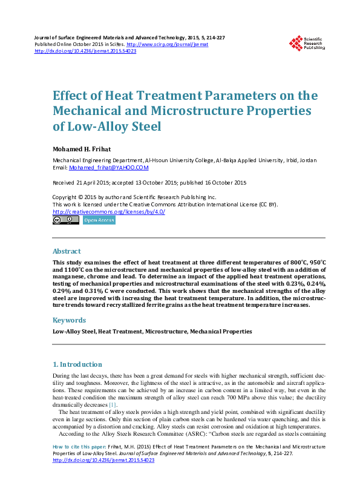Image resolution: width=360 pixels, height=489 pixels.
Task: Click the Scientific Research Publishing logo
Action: (x=309, y=43)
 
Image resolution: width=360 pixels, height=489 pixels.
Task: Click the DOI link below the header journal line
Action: (x=85, y=51)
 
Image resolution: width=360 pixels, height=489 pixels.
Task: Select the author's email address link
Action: (x=109, y=168)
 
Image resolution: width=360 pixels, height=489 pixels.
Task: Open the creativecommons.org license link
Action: (x=109, y=212)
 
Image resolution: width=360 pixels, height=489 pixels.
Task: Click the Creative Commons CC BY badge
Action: (x=65, y=221)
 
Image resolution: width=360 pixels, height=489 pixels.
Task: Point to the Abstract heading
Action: (x=67, y=251)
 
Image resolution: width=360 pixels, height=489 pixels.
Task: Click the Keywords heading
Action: (x=69, y=320)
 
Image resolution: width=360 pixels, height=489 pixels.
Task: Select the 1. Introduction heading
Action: (x=77, y=364)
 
